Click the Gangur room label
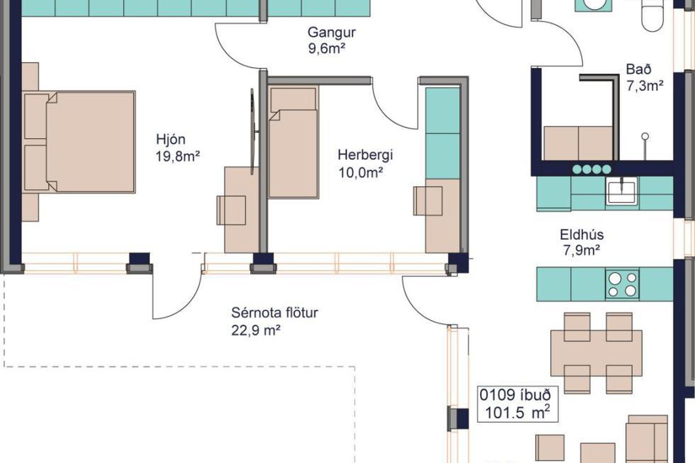(x=332, y=33)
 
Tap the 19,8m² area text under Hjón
(x=178, y=157)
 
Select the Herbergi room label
(x=365, y=156)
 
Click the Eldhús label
(x=582, y=235)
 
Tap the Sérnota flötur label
(x=274, y=313)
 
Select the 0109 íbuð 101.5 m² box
(x=518, y=404)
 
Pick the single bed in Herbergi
(x=294, y=142)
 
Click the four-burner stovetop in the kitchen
(x=622, y=284)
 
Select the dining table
(x=596, y=353)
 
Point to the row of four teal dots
(x=592, y=169)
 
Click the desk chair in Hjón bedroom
(x=231, y=210)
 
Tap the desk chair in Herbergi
(x=428, y=201)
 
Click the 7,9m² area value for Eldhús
(x=582, y=250)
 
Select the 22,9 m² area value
(x=256, y=330)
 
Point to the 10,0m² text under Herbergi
(x=361, y=173)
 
